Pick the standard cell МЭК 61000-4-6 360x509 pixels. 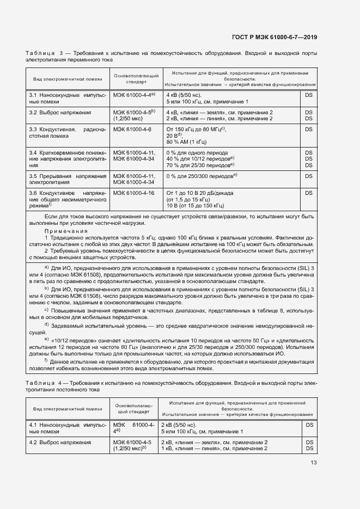(x=132, y=130)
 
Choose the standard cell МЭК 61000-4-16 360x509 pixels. (x=133, y=193)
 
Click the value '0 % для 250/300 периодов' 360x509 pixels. (x=201, y=176)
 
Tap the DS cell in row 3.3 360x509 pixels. (x=308, y=130)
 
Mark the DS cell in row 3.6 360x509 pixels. (x=308, y=193)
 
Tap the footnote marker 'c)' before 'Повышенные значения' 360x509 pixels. (x=47, y=309)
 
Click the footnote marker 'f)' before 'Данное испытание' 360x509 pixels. (x=47, y=360)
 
